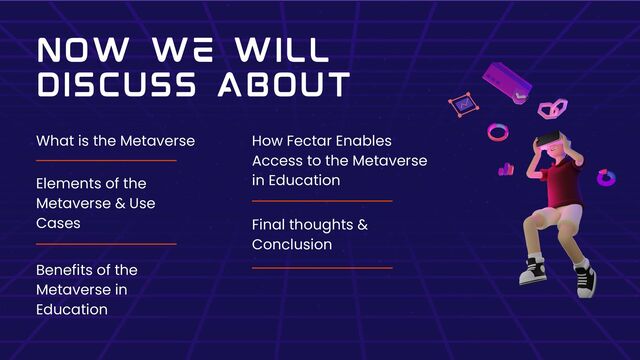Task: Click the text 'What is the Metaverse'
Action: coord(115,141)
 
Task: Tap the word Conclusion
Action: coord(291,244)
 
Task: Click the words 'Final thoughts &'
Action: coord(309,225)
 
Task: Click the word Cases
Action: coord(57,223)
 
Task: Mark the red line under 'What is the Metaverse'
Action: coord(106,160)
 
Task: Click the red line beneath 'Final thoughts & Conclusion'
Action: coord(322,267)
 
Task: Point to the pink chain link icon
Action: coord(553,109)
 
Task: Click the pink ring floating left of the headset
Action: coord(497,131)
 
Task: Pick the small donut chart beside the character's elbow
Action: coord(605,178)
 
